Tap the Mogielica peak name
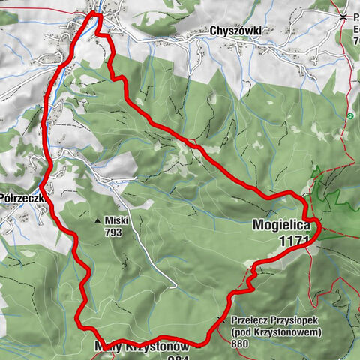281,224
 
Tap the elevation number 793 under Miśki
113,232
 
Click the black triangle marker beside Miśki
97,221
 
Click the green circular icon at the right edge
350,116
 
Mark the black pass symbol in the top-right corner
343,16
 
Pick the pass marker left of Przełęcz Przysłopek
220,320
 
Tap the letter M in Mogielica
258,224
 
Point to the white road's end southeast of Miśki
175,286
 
